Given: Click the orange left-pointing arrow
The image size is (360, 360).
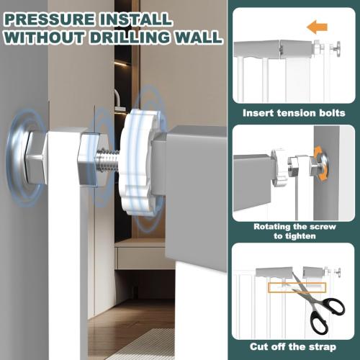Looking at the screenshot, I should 317,28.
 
